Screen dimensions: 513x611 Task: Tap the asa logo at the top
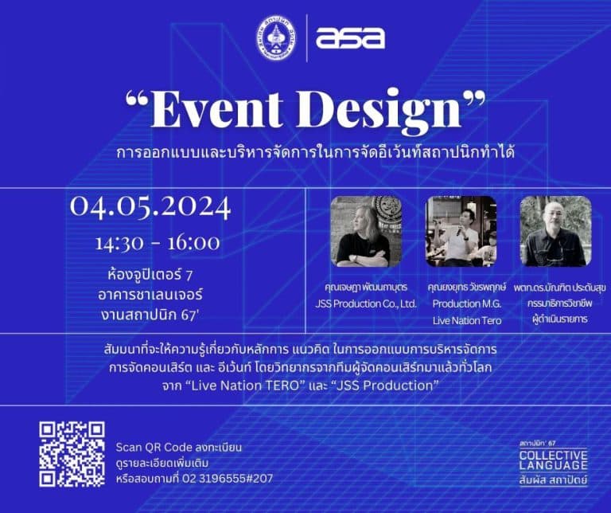point(349,37)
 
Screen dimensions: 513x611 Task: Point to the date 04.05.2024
point(150,207)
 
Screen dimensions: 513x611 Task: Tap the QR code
point(72,454)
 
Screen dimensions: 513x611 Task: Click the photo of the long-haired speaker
point(366,231)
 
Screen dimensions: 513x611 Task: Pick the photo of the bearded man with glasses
point(555,231)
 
